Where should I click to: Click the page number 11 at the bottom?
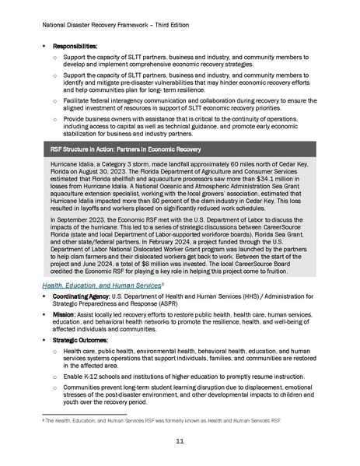point(180,440)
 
